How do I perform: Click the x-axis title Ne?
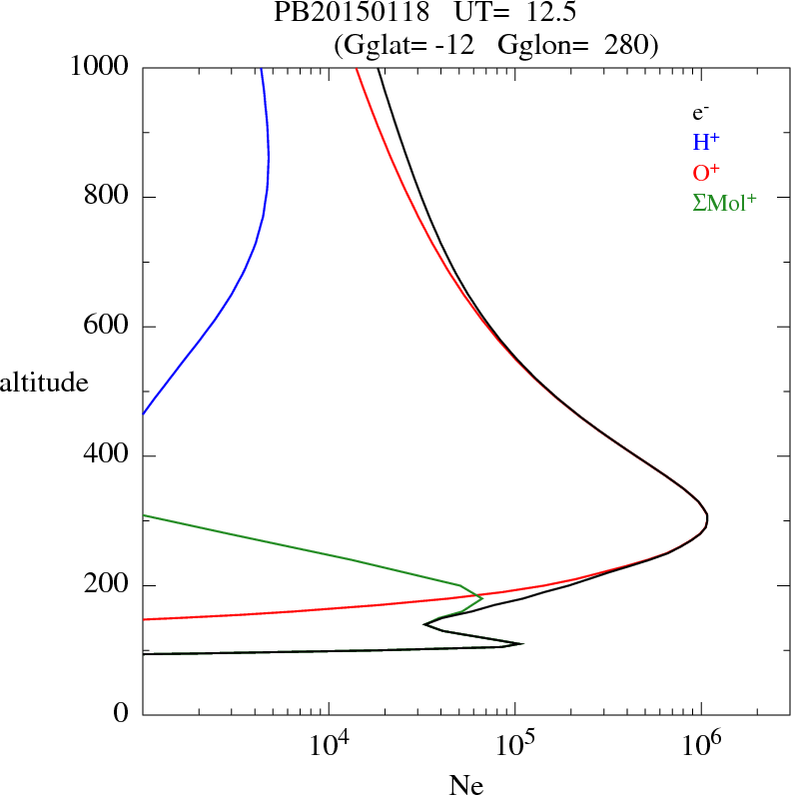pyautogui.click(x=466, y=785)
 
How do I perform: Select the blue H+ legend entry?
pyautogui.click(x=705, y=143)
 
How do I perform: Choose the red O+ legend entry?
pyautogui.click(x=705, y=173)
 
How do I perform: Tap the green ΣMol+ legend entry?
pyautogui.click(x=724, y=203)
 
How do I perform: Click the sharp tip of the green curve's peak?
pyautogui.click(x=482, y=598)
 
